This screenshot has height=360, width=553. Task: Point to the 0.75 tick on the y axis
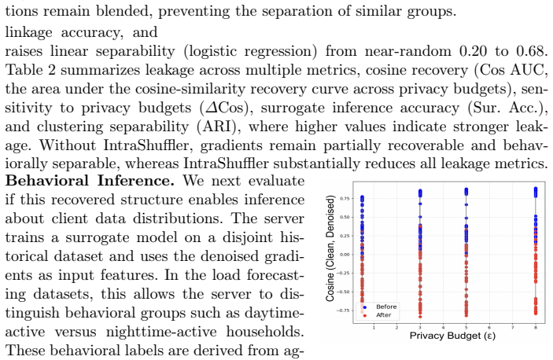point(345,199)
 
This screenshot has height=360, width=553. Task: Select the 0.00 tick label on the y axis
point(345,255)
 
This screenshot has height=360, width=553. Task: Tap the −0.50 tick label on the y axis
point(343,292)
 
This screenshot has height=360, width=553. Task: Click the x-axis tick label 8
point(536,328)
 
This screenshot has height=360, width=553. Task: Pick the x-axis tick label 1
point(374,328)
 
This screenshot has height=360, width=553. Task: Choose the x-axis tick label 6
point(489,328)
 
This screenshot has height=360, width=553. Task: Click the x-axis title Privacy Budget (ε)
point(452,336)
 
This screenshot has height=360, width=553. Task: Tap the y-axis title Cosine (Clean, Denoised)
point(330,248)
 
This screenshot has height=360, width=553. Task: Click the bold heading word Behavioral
point(47,181)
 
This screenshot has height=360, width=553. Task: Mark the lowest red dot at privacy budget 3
point(420,317)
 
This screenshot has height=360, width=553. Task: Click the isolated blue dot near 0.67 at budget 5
point(466,204)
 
